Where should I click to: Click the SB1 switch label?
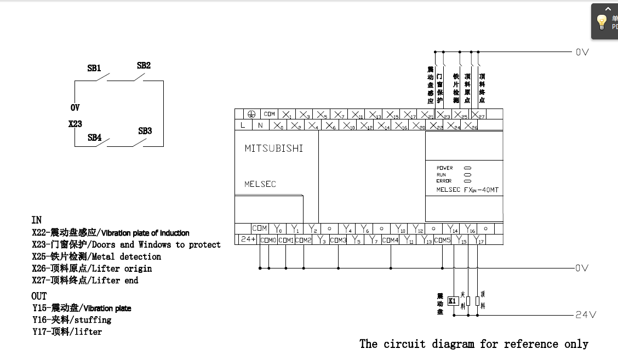pos(94,68)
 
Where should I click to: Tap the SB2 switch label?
pos(144,65)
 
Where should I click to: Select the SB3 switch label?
pos(145,131)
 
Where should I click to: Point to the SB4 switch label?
pos(95,138)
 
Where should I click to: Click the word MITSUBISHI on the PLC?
pos(273,148)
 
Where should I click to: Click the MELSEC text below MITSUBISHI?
pos(260,184)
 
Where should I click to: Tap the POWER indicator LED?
pos(467,168)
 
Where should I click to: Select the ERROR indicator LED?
pos(467,180)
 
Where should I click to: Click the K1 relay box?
pos(453,301)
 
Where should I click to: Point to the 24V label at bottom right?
pos(586,315)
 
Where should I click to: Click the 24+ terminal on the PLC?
pos(248,239)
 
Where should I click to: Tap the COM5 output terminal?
pos(442,240)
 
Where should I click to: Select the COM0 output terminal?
pos(268,240)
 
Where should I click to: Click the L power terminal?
pos(243,125)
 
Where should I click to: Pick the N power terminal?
pos(260,125)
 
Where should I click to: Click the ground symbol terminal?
pos(251,114)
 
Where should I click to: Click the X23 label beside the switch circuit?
pos(75,124)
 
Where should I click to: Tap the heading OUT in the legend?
pos(39,296)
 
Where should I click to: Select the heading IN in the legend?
pos(36,220)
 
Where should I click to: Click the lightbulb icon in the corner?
pos(602,22)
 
